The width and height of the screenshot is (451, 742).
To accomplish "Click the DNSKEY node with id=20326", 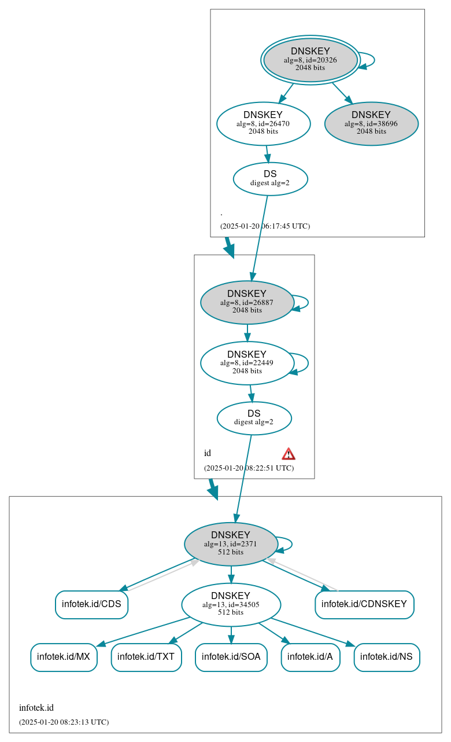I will (x=310, y=60).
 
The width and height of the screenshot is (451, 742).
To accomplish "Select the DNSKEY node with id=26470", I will (x=263, y=123).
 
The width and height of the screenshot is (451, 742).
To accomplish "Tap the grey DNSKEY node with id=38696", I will (x=371, y=123).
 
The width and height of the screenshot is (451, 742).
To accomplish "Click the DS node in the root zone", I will (x=270, y=179).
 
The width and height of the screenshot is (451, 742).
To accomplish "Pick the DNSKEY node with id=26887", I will (x=247, y=302).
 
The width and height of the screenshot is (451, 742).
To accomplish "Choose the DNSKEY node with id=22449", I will (x=247, y=363).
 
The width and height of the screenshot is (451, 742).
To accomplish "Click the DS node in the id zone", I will (x=254, y=418).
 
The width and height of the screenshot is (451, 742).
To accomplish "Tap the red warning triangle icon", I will (x=289, y=454).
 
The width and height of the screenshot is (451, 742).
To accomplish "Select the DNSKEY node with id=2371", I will (x=231, y=544).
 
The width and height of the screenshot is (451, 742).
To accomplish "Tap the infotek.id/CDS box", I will (x=91, y=604).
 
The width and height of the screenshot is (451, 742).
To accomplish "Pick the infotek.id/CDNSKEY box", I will (x=364, y=604).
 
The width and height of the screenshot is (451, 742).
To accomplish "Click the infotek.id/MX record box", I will (x=64, y=657).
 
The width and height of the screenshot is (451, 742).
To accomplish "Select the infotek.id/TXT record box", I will (x=146, y=657).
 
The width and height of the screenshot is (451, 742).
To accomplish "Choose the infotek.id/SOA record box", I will (x=231, y=657).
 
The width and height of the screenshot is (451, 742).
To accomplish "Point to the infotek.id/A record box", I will (x=310, y=657).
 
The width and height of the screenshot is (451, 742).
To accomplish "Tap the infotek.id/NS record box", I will (x=386, y=657).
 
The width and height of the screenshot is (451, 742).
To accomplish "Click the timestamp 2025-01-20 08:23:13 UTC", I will (x=64, y=722).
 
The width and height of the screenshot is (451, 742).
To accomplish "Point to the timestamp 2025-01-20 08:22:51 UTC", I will (x=249, y=468).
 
